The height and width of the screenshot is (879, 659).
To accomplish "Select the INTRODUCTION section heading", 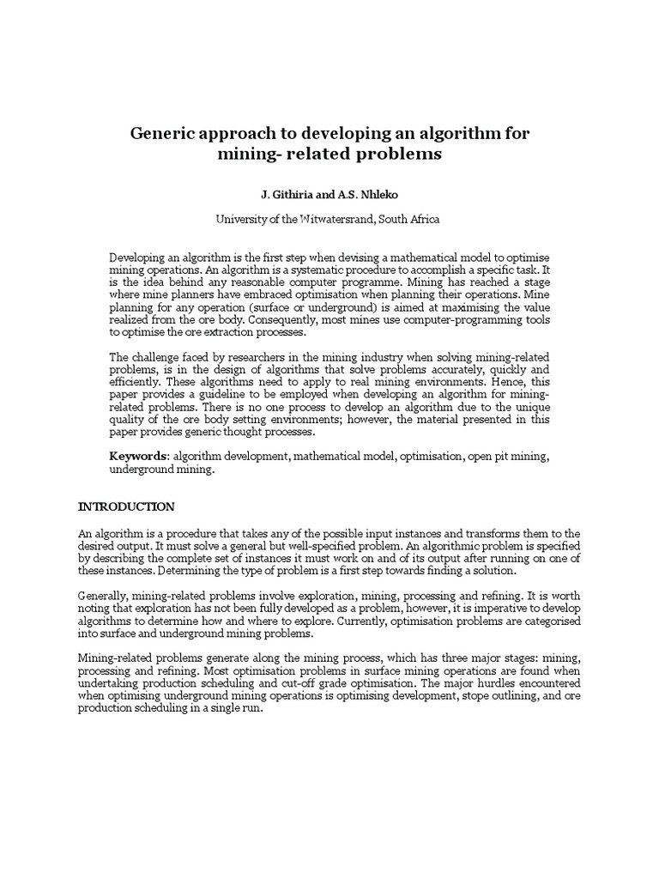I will click(x=126, y=506).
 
